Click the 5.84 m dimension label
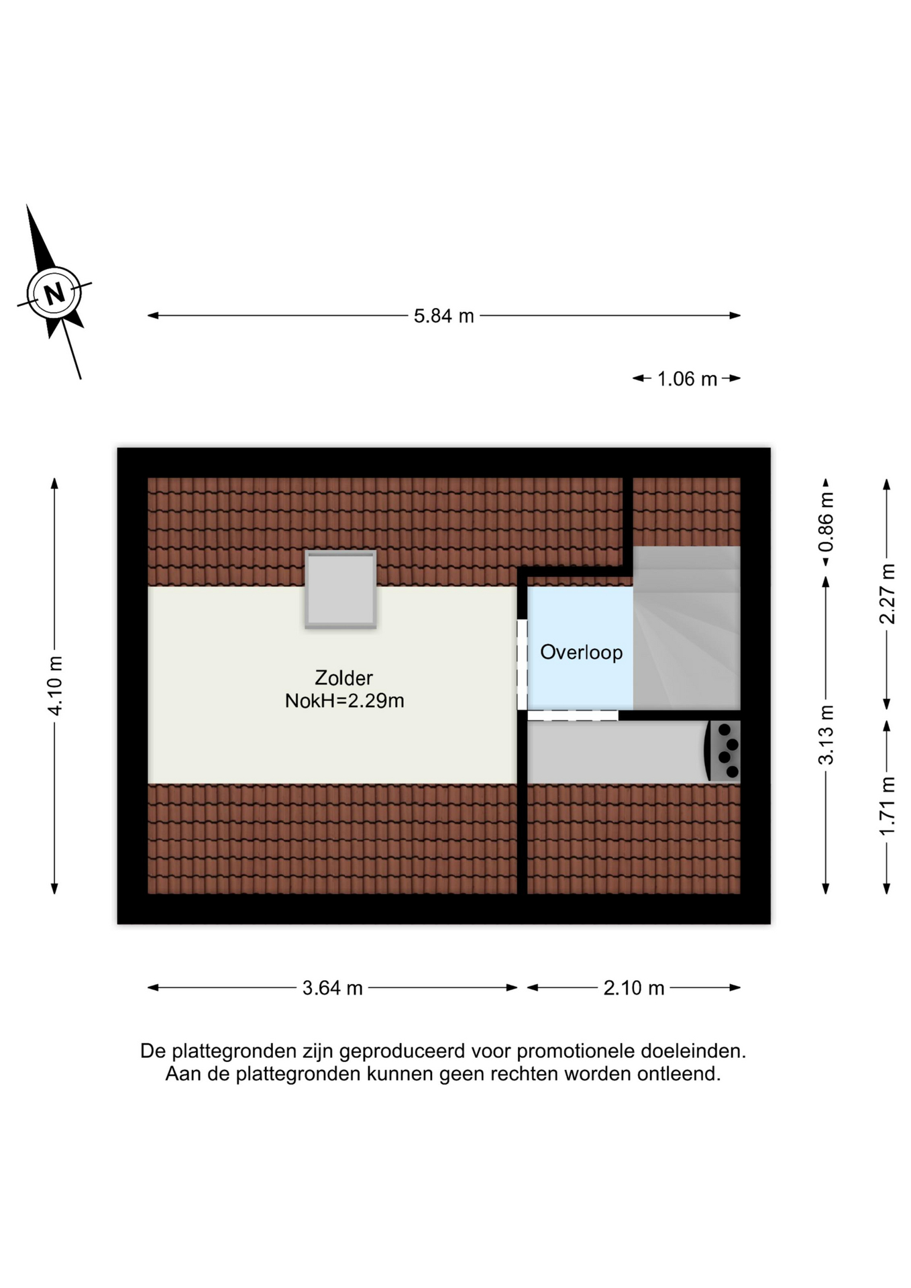[x=443, y=315]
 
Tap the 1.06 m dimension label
[x=687, y=379]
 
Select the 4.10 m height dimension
[x=55, y=686]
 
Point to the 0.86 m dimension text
[x=826, y=522]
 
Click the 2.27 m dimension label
[x=887, y=594]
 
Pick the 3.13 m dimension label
[x=826, y=735]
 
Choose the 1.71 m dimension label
[x=887, y=806]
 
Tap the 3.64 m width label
[x=332, y=987]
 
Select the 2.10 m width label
[x=634, y=987]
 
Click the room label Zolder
[x=343, y=678]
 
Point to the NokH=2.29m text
[x=344, y=701]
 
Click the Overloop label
[x=581, y=652]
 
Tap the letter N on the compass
[x=54, y=293]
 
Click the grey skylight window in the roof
[x=341, y=589]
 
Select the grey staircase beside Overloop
[x=686, y=628]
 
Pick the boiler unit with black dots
[x=722, y=751]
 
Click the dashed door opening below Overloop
[x=572, y=715]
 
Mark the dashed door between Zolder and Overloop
[x=522, y=664]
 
